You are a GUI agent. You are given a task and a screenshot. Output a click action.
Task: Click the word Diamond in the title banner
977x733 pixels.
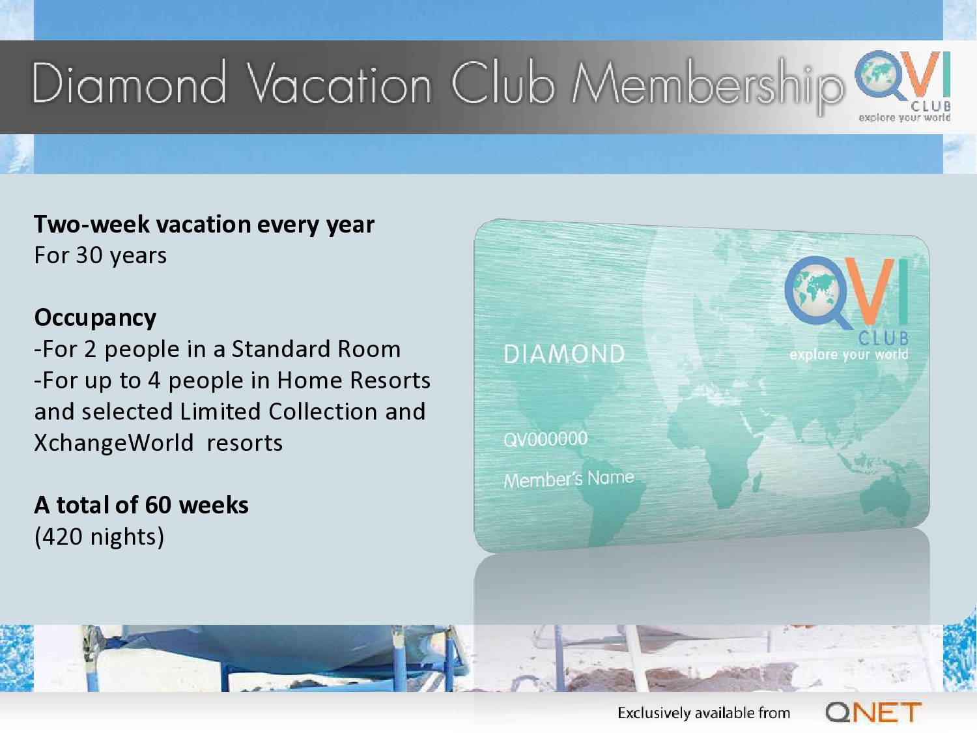[130, 83]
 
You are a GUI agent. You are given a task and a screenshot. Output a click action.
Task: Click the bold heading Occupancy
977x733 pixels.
[95, 318]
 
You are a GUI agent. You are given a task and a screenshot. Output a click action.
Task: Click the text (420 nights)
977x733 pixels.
[99, 536]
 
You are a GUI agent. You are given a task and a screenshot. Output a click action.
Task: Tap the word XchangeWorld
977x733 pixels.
[114, 443]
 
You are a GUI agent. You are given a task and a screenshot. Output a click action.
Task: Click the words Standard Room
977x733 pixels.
[316, 349]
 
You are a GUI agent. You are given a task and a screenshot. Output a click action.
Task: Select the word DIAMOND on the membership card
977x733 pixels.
[565, 354]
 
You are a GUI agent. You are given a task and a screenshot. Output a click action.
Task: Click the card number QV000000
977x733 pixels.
[546, 439]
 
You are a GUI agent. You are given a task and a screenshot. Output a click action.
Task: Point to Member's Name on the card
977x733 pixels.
[569, 479]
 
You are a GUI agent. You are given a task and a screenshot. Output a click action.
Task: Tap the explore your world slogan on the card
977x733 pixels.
[849, 354]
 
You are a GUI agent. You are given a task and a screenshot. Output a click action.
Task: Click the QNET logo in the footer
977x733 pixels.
[873, 713]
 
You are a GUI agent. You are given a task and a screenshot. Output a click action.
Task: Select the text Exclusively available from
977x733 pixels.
[703, 713]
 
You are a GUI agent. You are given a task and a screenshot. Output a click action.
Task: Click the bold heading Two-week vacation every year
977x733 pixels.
[205, 225]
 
